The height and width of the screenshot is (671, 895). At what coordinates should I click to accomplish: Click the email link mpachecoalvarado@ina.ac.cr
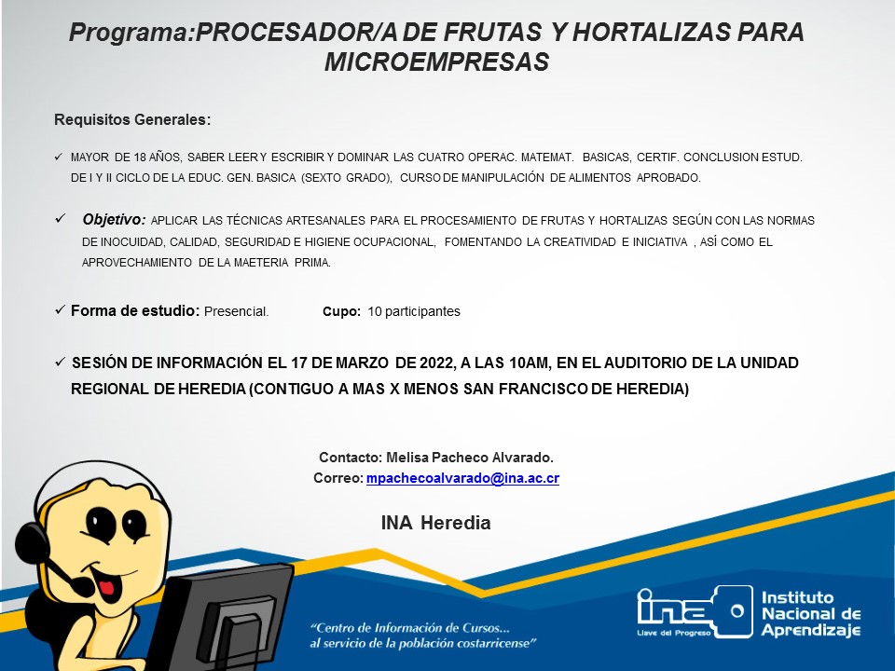click(462, 478)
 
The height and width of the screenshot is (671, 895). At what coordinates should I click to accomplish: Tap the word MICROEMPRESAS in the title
click(436, 62)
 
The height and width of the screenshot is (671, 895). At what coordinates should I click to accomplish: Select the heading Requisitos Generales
click(132, 120)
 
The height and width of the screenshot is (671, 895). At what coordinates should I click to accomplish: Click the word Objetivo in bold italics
click(114, 220)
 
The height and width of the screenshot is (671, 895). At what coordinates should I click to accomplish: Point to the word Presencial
click(236, 311)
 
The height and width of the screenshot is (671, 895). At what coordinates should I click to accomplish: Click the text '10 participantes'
click(414, 311)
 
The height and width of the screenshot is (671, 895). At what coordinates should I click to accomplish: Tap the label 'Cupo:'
click(341, 311)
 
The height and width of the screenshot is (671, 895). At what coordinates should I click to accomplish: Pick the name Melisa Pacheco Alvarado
click(470, 458)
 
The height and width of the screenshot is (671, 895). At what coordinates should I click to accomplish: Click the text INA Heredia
click(436, 523)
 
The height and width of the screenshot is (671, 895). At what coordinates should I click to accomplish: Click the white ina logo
click(694, 611)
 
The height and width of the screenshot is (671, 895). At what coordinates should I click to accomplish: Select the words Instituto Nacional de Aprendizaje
click(811, 614)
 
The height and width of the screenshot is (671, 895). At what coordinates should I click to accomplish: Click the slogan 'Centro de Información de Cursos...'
click(410, 628)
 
